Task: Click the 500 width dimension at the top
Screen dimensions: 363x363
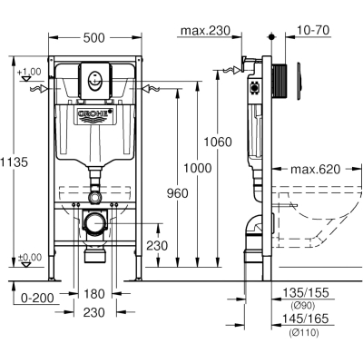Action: (94, 38)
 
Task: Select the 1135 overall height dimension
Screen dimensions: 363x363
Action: (14, 162)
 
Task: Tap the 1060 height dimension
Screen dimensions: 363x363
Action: (218, 142)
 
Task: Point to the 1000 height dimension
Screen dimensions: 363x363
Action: (198, 168)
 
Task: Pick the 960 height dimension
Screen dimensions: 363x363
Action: (178, 193)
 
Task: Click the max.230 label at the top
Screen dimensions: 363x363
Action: (205, 31)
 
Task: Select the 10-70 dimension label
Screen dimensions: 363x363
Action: (313, 30)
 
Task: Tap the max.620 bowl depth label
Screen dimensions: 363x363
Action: (316, 170)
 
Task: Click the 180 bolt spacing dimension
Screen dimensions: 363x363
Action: (94, 294)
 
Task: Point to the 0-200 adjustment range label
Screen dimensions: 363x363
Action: (37, 299)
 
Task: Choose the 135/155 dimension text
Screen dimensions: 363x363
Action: (305, 292)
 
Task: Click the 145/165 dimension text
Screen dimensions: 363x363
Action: (305, 319)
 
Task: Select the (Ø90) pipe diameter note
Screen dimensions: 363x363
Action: (303, 306)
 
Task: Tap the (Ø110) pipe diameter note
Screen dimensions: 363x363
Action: (304, 333)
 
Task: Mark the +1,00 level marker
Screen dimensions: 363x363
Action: (29, 72)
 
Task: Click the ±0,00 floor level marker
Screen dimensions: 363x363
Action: (29, 258)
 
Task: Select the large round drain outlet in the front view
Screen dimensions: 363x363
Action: (95, 223)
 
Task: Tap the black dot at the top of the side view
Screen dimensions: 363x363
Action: (271, 37)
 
